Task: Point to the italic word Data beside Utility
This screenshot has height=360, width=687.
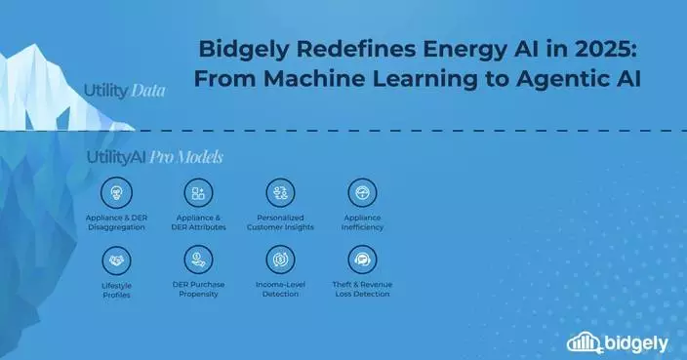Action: pos(144,91)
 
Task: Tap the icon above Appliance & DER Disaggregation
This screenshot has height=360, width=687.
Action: pos(116,192)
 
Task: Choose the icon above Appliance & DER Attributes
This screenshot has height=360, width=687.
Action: pos(198,192)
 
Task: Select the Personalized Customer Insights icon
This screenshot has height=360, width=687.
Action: pos(280,192)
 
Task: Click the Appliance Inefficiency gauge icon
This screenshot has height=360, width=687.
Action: pos(362,192)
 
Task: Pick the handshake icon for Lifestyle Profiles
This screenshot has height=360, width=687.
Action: pos(116,260)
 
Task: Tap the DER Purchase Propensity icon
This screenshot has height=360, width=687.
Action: pos(198,260)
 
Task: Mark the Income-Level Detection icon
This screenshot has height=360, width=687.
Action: pos(280,260)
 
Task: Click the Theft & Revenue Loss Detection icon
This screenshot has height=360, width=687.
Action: pos(362,260)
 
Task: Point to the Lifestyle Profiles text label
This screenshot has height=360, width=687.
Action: pos(116,290)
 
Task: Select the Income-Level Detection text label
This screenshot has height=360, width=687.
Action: pos(280,290)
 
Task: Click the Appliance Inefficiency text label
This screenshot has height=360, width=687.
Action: pos(362,222)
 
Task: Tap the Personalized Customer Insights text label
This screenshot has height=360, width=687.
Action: pos(280,222)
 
